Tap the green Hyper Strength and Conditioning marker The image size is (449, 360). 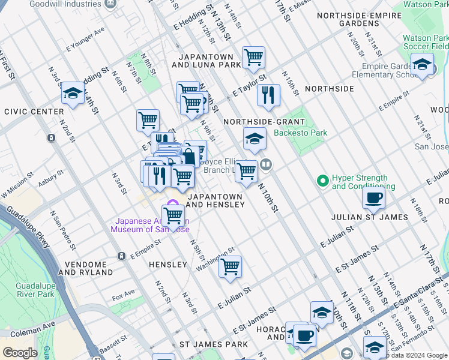[323, 180]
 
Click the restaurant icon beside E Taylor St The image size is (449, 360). [268, 94]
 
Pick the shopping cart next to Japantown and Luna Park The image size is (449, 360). [253, 58]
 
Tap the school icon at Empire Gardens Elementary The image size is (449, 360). [422, 64]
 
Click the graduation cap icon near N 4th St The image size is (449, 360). [73, 93]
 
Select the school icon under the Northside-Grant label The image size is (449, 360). [255, 139]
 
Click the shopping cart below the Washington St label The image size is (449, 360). [230, 267]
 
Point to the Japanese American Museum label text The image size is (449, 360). [149, 225]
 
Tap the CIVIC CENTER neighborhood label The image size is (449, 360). [34, 112]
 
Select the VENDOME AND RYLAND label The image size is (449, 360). [85, 268]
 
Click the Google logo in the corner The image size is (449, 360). [20, 353]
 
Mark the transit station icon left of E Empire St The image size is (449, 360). [122, 256]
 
